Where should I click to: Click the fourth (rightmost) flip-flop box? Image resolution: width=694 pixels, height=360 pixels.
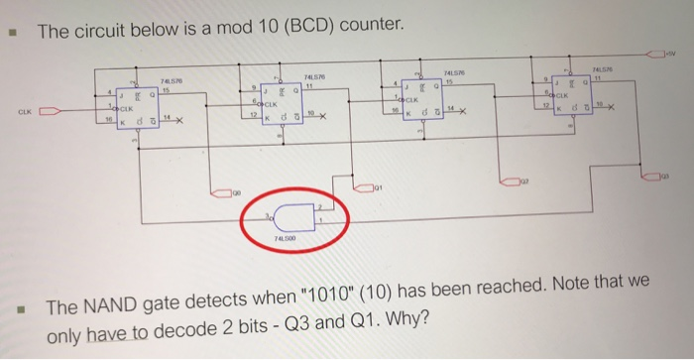point(575,96)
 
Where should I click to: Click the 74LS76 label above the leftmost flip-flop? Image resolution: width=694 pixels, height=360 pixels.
point(170,81)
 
